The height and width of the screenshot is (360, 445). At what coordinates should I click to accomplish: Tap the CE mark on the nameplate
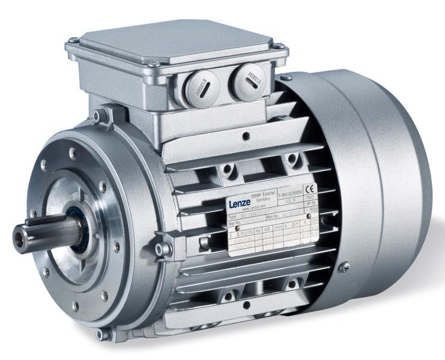coord(310,187)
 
